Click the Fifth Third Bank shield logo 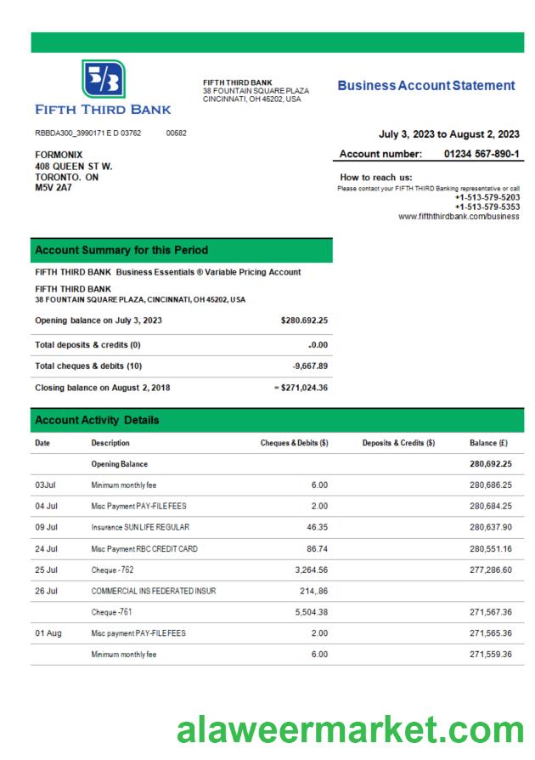[103, 79]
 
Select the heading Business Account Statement [425, 86]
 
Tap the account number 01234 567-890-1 [481, 154]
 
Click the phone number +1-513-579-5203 [487, 197]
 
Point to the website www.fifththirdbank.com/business [459, 216]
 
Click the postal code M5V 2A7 [53, 188]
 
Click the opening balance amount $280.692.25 [303, 320]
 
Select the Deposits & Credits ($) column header [398, 443]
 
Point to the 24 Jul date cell [46, 549]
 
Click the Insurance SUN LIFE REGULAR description [140, 527]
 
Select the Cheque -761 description [112, 612]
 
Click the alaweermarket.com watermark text [350, 729]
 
